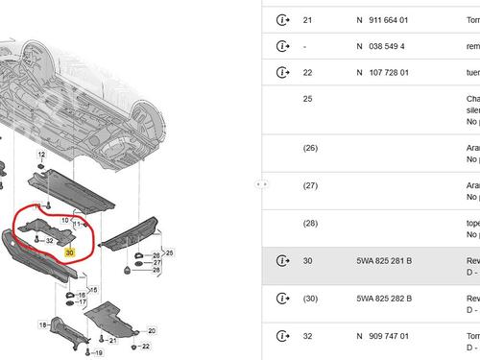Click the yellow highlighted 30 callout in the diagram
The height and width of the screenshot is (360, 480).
[69, 252]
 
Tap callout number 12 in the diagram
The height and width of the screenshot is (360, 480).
[41, 155]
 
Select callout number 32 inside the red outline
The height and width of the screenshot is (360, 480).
[49, 240]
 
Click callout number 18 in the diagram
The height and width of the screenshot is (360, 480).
[43, 326]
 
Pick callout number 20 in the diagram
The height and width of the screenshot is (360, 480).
[150, 331]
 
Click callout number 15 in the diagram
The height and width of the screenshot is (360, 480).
[92, 288]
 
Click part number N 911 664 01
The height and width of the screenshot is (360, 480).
[382, 19]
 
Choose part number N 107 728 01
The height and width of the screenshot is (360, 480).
[382, 73]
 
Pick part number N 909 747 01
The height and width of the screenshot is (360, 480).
[382, 336]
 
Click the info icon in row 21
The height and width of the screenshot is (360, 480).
[281, 19]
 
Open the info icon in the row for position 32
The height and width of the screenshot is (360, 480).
[281, 336]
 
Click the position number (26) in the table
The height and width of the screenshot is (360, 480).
[310, 148]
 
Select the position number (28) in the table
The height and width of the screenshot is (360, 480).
[310, 223]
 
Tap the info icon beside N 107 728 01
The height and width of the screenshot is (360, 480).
[281, 73]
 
